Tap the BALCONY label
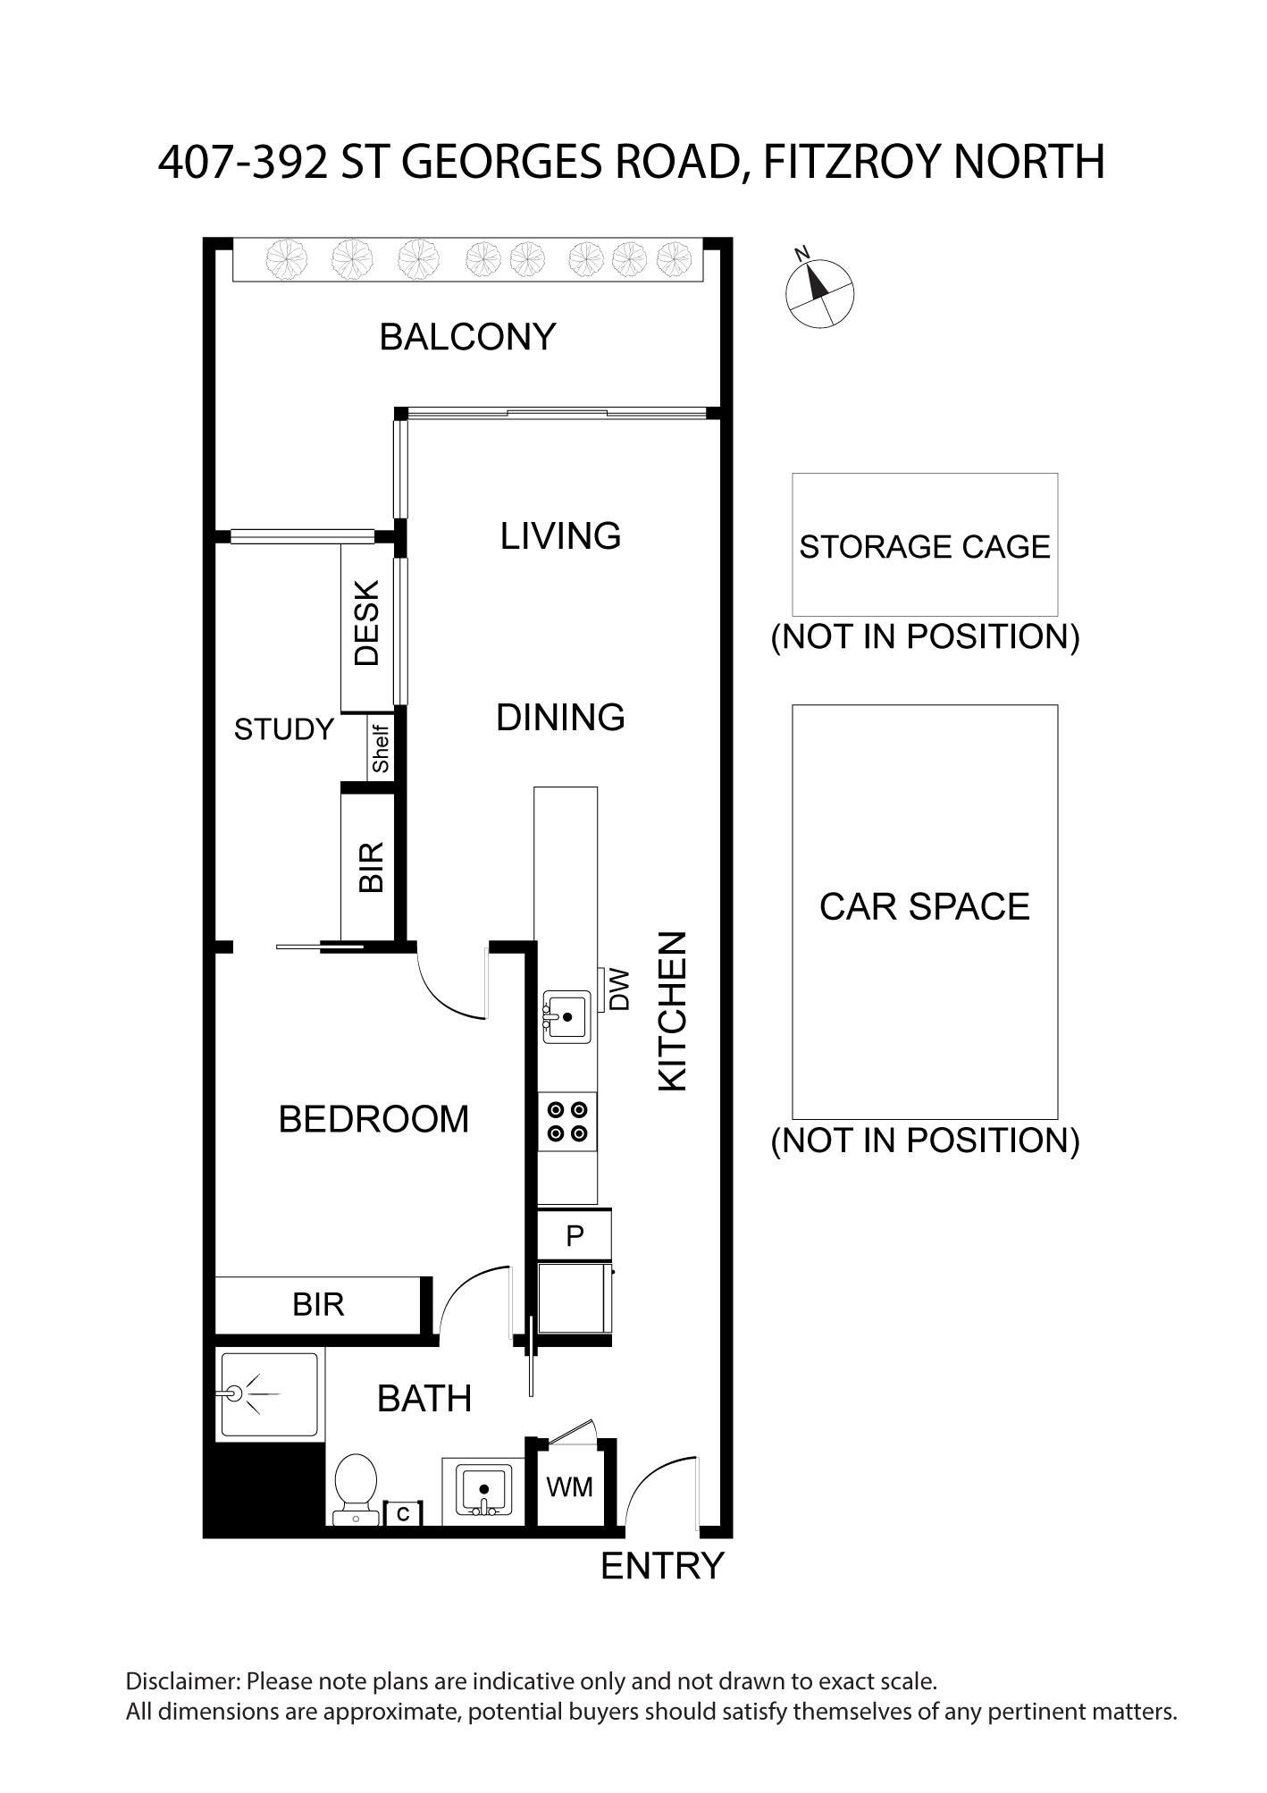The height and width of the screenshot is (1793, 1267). (467, 337)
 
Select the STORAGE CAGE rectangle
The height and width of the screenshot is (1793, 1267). (925, 544)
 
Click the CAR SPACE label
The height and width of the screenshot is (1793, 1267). (925, 906)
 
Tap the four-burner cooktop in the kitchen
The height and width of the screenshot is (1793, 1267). (567, 1121)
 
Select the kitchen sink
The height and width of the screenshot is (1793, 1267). (567, 1016)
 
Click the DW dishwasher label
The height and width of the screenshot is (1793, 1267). (619, 989)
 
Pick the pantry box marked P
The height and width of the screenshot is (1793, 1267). (575, 1235)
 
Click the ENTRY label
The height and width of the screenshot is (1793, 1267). (662, 1566)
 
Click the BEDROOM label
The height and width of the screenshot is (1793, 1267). (373, 1119)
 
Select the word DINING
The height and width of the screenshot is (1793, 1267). (560, 717)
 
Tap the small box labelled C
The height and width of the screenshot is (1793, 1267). (403, 1514)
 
